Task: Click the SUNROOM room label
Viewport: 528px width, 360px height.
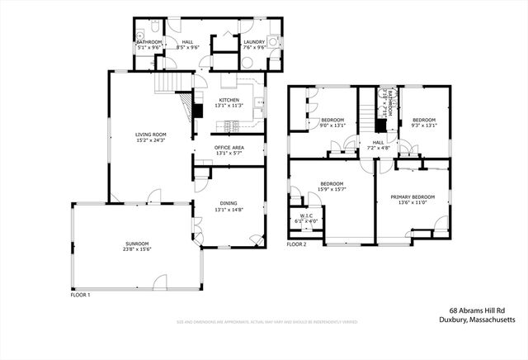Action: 137,244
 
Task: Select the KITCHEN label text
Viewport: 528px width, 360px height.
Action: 229,100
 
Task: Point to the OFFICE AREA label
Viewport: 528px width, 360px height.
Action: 229,147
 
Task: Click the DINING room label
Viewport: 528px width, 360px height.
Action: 229,203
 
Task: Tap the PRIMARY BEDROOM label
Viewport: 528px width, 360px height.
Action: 412,197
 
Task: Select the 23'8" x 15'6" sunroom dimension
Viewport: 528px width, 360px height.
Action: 137,249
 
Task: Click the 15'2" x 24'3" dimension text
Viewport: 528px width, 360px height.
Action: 151,140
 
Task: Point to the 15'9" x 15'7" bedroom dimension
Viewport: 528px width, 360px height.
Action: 332,189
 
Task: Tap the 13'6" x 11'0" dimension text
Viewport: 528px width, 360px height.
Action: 412,202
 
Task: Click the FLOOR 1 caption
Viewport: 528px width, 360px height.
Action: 80,295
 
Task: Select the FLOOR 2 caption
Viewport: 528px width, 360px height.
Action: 296,245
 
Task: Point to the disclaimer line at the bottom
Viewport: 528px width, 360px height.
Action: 263,322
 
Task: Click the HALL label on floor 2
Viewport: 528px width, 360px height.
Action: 378,142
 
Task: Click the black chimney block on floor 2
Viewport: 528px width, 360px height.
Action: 380,125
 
